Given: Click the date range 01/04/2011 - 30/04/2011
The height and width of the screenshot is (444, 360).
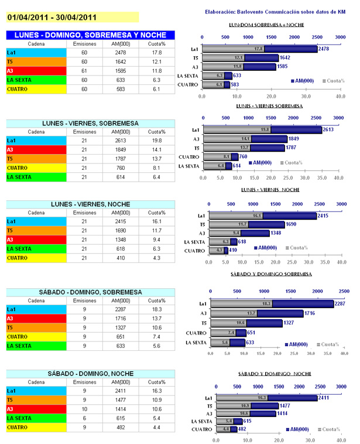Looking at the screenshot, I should [53, 17].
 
